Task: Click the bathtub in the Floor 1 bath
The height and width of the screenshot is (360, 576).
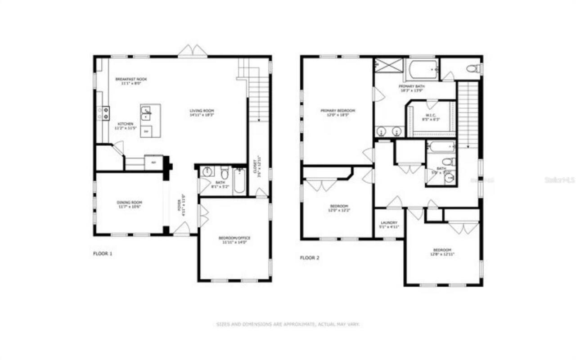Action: tap(239, 181)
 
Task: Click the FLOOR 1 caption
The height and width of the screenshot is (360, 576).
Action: tap(103, 254)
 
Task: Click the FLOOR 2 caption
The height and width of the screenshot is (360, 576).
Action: tap(310, 258)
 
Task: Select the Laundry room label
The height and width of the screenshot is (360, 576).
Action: tap(389, 224)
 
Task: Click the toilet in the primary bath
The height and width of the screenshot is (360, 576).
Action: tap(472, 69)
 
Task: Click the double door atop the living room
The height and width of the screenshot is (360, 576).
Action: tap(193, 51)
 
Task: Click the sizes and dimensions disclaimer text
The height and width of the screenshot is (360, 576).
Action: tap(288, 324)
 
